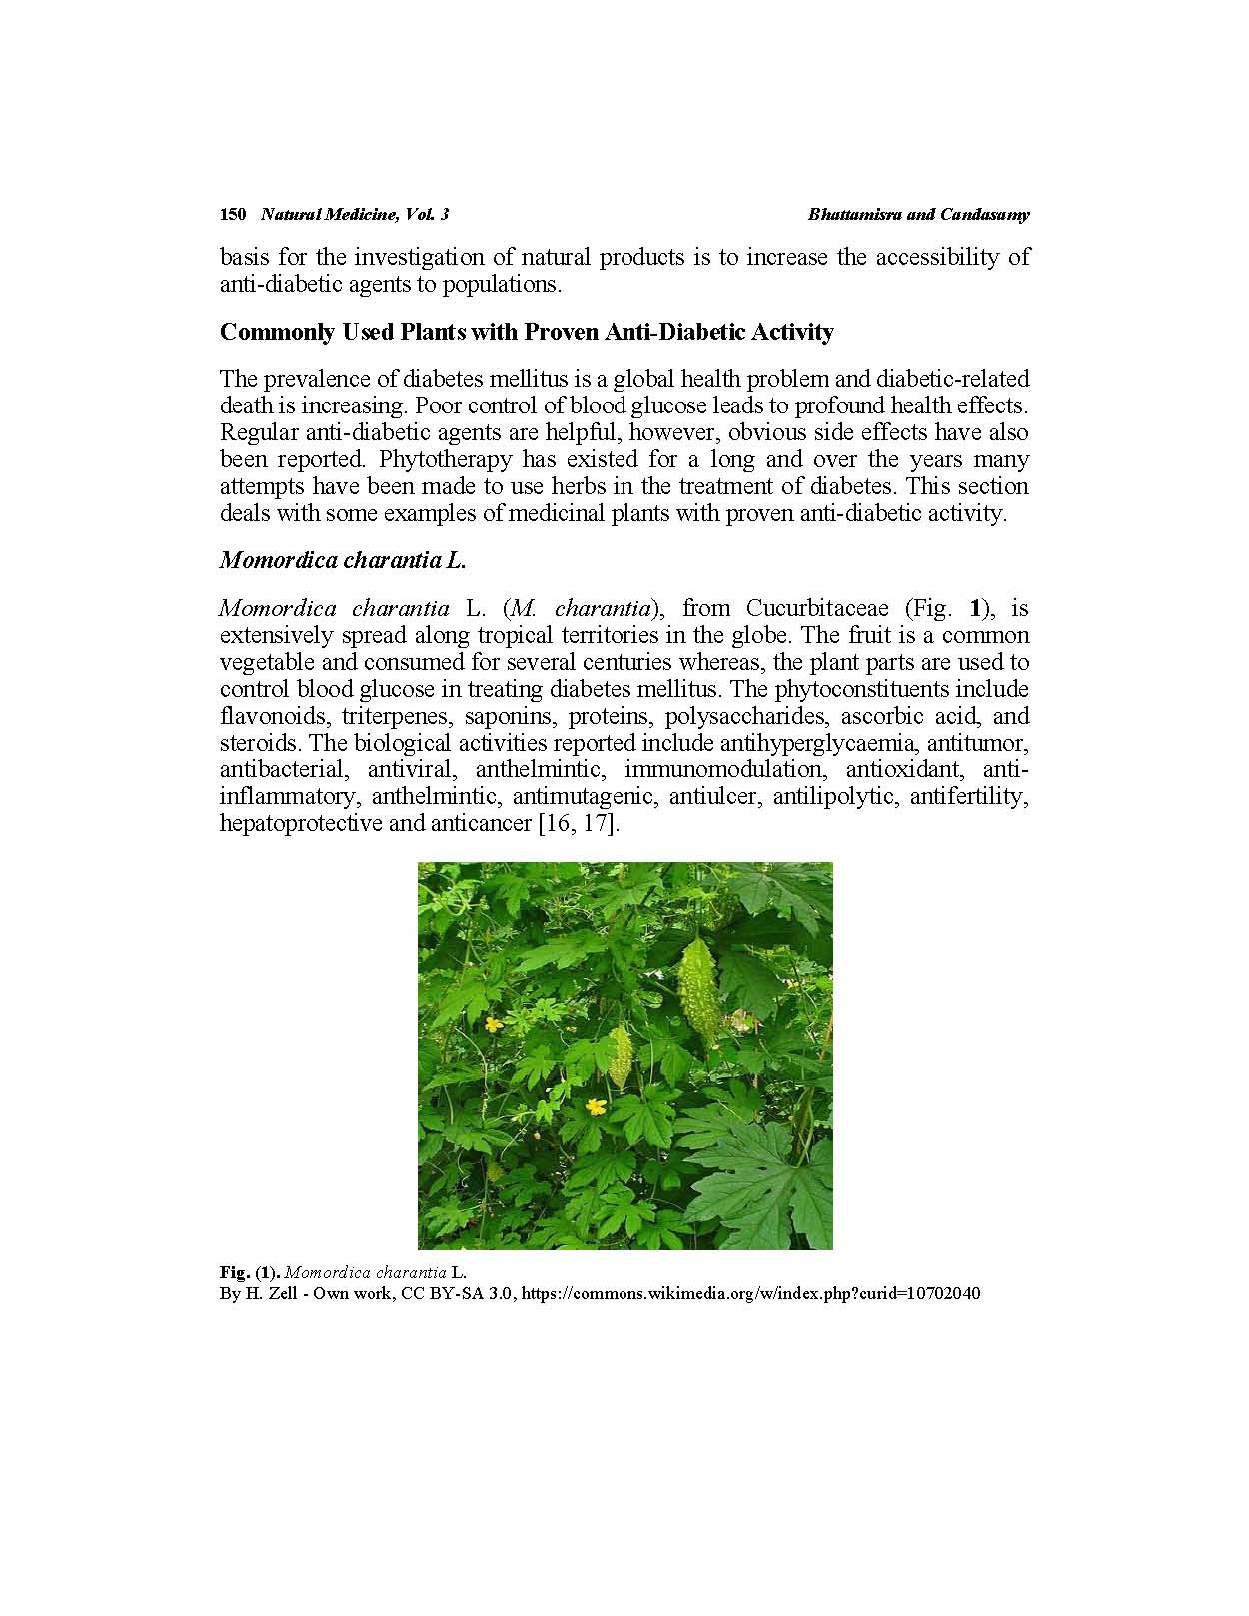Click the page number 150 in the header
(232, 214)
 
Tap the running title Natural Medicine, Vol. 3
(354, 214)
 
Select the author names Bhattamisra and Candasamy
(918, 214)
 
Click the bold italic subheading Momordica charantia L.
(343, 560)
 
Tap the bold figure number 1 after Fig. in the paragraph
(978, 608)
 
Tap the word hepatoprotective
(301, 824)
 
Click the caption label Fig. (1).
(250, 1272)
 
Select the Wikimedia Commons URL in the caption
(750, 1293)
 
